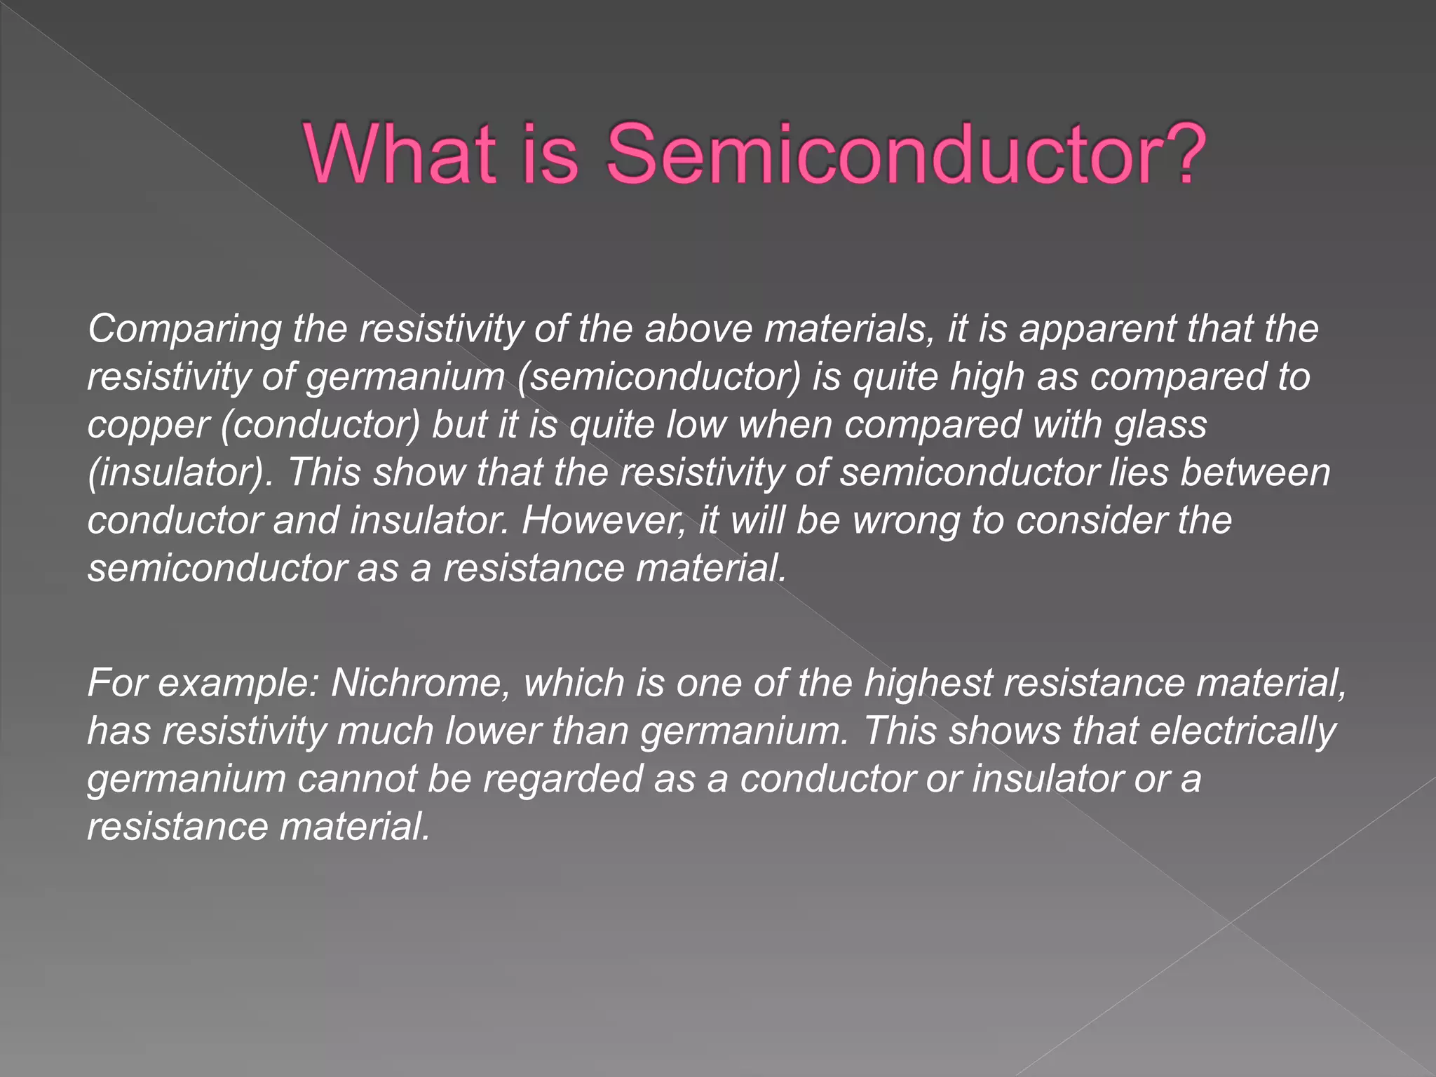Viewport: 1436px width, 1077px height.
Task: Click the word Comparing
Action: click(184, 330)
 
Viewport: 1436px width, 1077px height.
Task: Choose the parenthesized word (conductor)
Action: click(320, 425)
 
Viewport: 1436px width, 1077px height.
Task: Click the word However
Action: click(604, 521)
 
